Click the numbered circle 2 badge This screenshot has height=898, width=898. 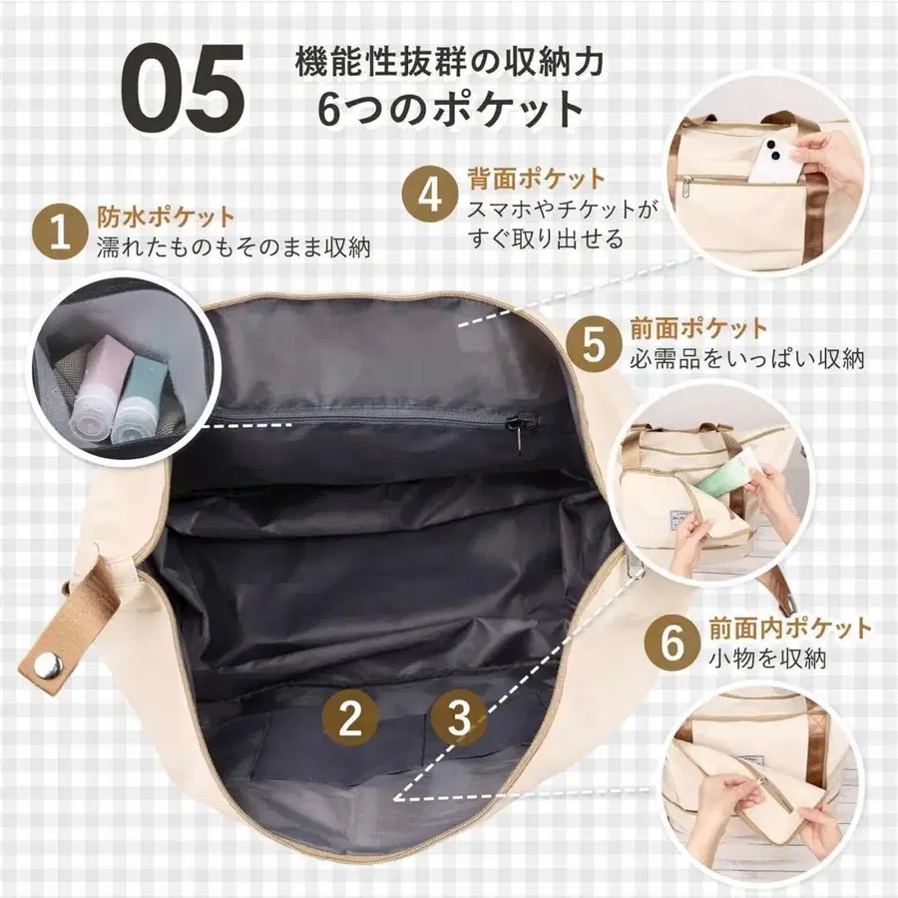coord(349,718)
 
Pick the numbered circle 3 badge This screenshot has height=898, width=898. coord(458,716)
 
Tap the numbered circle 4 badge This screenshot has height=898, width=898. coord(430,195)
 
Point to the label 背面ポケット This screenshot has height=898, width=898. coord(536,180)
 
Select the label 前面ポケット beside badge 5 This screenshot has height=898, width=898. coord(698,328)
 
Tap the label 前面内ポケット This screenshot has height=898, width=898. coord(789,629)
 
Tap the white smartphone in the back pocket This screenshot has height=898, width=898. coord(775,160)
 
